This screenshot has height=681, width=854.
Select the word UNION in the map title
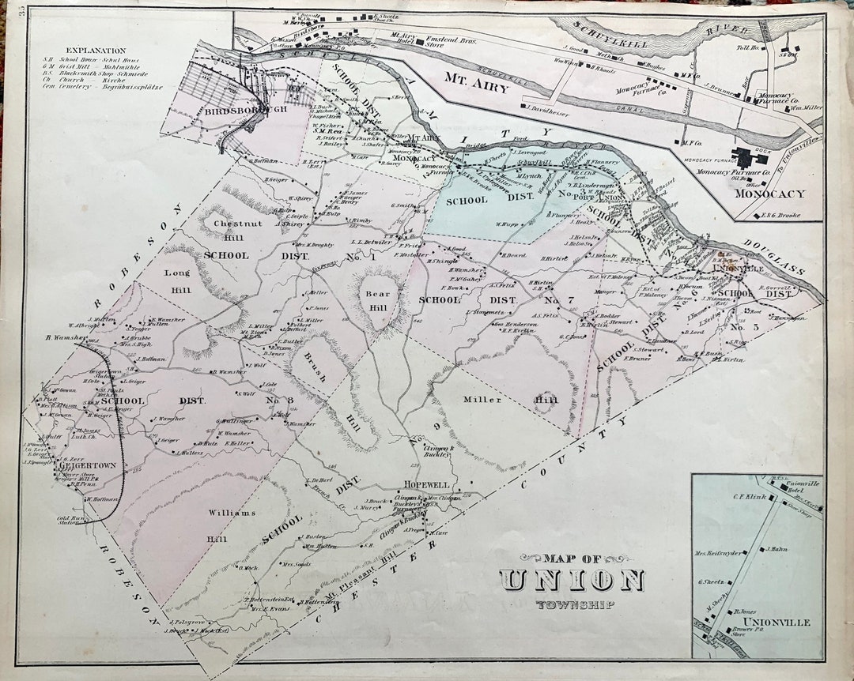tap(572, 581)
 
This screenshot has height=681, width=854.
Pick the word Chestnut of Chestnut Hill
tap(232, 224)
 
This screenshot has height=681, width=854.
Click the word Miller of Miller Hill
tap(482, 400)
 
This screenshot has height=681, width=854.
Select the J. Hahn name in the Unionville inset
tap(777, 548)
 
